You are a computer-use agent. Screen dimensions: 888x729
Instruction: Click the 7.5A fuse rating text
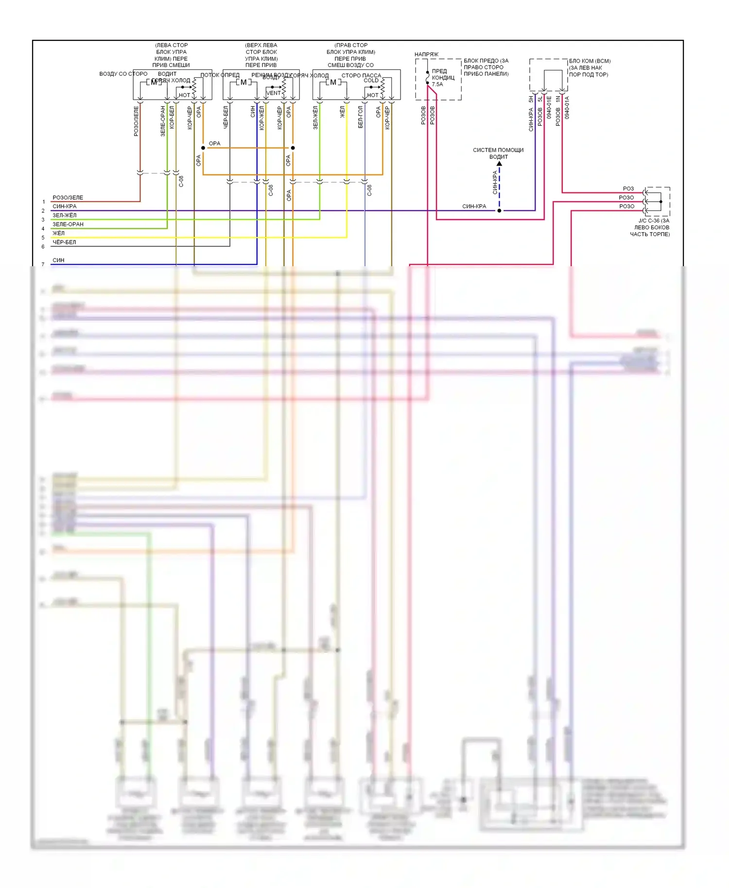(437, 85)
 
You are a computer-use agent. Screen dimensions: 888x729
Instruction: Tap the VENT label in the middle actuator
(273, 93)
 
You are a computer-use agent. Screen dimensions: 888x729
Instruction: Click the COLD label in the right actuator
(371, 81)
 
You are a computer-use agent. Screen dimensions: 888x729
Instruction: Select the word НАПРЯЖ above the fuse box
(426, 54)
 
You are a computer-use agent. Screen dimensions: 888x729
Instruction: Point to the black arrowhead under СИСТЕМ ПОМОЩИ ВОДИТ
(499, 164)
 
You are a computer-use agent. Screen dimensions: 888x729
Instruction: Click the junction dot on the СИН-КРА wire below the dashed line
(499, 211)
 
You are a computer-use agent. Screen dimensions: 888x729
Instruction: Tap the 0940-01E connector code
(549, 108)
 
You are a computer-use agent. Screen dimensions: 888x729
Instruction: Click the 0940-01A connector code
(567, 108)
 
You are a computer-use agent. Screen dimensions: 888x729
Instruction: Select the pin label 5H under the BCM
(531, 99)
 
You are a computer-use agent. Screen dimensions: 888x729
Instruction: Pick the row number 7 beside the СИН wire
(43, 265)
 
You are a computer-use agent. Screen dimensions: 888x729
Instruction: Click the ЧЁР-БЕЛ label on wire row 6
(64, 242)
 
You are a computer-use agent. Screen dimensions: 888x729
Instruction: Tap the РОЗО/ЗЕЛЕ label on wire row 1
(68, 198)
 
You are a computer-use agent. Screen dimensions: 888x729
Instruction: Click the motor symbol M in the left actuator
(154, 82)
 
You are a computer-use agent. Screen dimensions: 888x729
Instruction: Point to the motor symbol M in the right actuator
(333, 82)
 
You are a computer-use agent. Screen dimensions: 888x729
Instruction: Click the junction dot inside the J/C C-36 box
(661, 202)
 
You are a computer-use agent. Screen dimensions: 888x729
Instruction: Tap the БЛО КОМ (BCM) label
(590, 61)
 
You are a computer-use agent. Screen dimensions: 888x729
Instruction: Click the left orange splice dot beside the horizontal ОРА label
(203, 148)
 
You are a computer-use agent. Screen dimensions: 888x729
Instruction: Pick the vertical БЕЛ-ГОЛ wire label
(361, 117)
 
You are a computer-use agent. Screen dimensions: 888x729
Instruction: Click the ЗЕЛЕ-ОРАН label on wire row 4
(68, 224)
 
